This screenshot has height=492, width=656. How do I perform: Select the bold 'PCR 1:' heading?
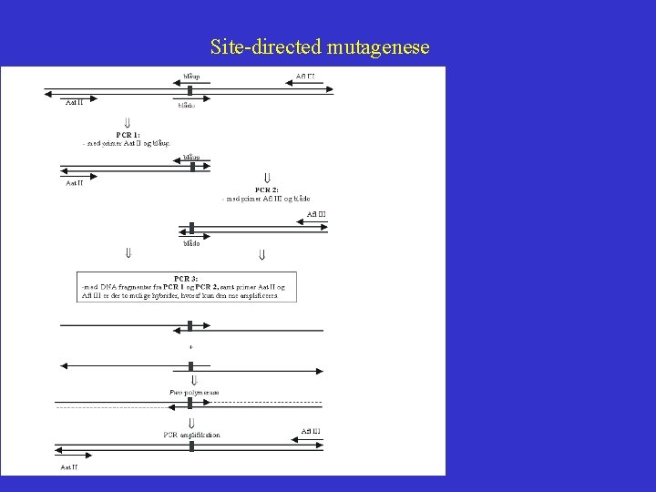pos(128,134)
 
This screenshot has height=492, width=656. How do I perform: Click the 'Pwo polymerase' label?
pos(194,392)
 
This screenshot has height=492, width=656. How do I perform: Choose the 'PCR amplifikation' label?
pos(191,435)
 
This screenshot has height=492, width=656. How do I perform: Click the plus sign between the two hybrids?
pos(190,347)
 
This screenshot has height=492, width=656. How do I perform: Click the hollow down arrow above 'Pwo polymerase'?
pos(191,380)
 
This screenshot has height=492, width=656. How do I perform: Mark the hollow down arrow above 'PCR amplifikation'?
pos(191,423)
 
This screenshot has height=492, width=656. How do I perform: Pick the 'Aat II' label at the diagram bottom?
pos(70,466)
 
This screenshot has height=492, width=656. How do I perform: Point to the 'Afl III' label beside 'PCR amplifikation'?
pos(310,431)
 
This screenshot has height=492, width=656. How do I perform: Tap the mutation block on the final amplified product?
pos(191,449)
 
